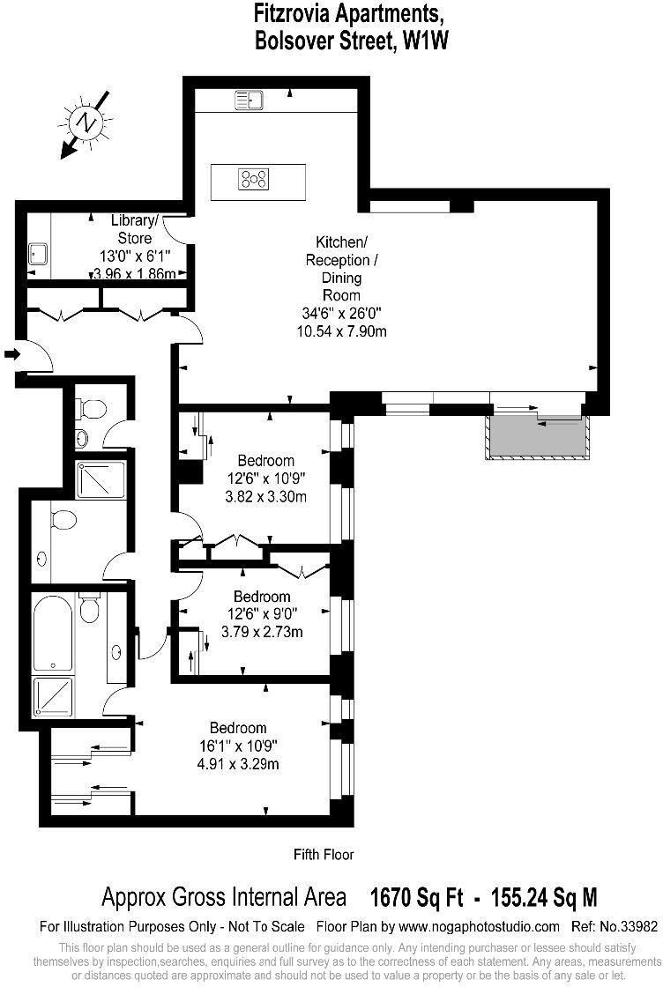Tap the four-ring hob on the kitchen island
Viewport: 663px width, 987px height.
(253, 180)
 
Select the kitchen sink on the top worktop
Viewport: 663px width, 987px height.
(249, 100)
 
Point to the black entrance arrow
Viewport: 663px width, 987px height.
(11, 354)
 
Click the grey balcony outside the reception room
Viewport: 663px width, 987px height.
(536, 438)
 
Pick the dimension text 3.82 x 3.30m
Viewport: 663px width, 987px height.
(265, 496)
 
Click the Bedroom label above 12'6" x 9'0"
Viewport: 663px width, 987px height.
(262, 597)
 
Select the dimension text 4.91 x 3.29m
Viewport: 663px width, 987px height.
(238, 763)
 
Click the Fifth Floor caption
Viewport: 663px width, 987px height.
(324, 854)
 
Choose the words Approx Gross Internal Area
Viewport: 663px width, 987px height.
(224, 898)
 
